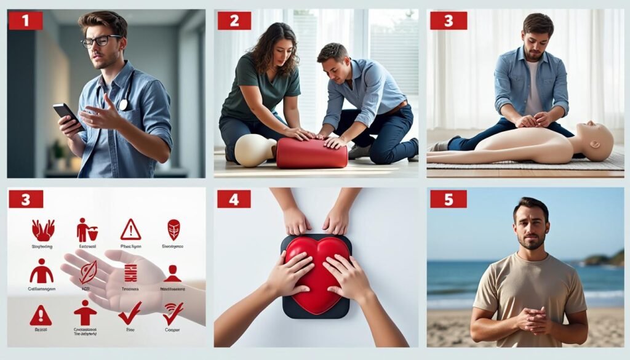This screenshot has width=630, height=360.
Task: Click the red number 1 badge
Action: coord(25,20)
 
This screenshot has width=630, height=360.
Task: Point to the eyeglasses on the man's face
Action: coord(102,41)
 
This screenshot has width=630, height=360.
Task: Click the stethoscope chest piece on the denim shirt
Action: coord(124,105)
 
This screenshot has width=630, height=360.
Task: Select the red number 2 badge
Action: coord(234,20)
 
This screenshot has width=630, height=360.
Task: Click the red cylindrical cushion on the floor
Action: coord(311,153)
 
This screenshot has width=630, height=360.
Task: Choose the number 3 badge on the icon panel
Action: coord(25,199)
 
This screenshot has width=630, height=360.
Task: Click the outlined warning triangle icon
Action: coord(130,230)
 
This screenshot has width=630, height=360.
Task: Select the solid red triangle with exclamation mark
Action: coord(41,314)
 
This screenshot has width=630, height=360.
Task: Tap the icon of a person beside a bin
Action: coord(87,230)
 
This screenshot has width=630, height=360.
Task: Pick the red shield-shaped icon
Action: coord(174,230)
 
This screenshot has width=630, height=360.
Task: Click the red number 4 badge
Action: coord(234,199)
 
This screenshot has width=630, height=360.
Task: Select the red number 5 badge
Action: coord(447,199)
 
